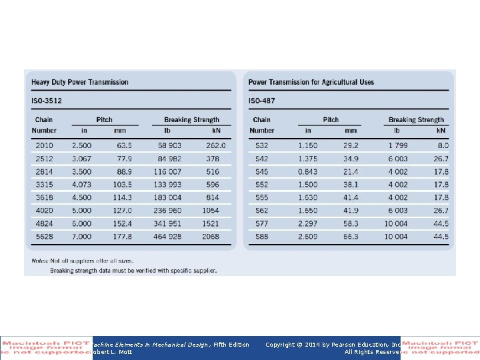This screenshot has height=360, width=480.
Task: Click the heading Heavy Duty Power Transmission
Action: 80,83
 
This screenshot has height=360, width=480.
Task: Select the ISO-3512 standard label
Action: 47,101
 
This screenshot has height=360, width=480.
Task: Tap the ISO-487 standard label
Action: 262,101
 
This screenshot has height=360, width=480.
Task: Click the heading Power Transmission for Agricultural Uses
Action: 311,83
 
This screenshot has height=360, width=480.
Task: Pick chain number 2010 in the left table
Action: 45,145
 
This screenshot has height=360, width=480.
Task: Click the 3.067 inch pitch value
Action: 82,159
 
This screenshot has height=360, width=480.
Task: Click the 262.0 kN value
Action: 215,145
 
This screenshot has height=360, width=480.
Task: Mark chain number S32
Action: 261,145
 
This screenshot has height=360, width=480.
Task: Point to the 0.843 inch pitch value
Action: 308,172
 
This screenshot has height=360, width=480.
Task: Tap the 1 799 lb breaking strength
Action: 397,145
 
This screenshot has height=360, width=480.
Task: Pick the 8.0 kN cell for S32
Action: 443,145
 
